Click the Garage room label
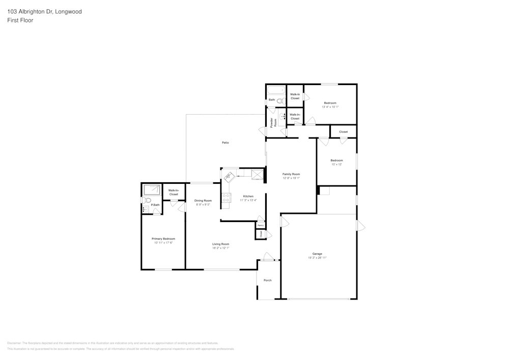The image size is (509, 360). click(x=317, y=254)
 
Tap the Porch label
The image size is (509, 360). click(x=268, y=281)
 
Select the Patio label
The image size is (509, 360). click(x=225, y=143)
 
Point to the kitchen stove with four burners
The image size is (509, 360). click(x=226, y=198)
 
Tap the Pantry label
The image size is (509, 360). click(x=260, y=225)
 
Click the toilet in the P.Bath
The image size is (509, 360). click(x=144, y=200)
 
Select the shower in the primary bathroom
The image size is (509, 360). click(x=151, y=190)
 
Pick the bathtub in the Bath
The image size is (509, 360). click(x=276, y=91)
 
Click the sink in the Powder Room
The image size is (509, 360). click(x=282, y=116)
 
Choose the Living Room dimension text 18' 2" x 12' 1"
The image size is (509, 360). click(x=220, y=248)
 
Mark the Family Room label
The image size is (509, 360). click(x=291, y=174)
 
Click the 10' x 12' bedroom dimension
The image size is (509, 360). click(x=336, y=164)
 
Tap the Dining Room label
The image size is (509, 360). click(x=203, y=201)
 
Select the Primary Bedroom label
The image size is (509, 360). click(x=163, y=239)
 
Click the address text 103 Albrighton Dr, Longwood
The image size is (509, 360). click(x=44, y=12)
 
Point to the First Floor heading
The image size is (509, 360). click(x=20, y=20)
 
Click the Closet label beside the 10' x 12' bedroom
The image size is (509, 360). click(x=343, y=132)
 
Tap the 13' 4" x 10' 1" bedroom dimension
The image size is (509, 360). click(x=330, y=107)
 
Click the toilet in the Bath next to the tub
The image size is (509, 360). click(x=280, y=101)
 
